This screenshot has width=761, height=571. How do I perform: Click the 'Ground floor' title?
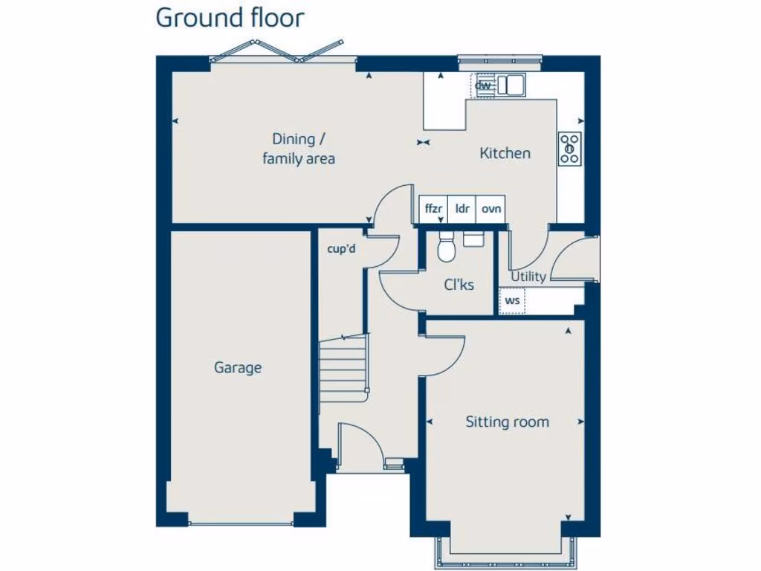pyautogui.click(x=230, y=18)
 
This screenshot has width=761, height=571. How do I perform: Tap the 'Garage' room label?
pyautogui.click(x=238, y=367)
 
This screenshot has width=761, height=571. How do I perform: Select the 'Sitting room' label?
pyautogui.click(x=507, y=422)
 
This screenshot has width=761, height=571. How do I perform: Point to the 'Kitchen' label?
pyautogui.click(x=505, y=153)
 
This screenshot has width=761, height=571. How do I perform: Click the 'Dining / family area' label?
pyautogui.click(x=299, y=148)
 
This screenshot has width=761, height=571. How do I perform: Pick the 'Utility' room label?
pyautogui.click(x=528, y=277)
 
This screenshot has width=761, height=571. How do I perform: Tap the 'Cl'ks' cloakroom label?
pyautogui.click(x=459, y=285)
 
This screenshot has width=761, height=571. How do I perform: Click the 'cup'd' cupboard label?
pyautogui.click(x=342, y=249)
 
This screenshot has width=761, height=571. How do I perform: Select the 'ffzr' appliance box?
pyautogui.click(x=433, y=210)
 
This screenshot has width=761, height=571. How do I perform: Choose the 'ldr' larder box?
pyautogui.click(x=462, y=210)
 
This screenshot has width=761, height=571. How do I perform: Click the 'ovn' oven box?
pyautogui.click(x=491, y=210)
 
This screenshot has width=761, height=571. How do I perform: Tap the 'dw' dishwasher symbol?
pyautogui.click(x=483, y=86)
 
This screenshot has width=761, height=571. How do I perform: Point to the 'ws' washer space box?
pyautogui.click(x=512, y=301)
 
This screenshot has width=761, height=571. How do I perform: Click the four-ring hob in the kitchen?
pyautogui.click(x=570, y=148)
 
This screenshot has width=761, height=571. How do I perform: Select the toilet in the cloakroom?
pyautogui.click(x=446, y=248)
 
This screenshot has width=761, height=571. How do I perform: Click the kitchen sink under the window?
pyautogui.click(x=511, y=85)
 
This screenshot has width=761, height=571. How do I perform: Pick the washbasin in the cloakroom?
pyautogui.click(x=473, y=238)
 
